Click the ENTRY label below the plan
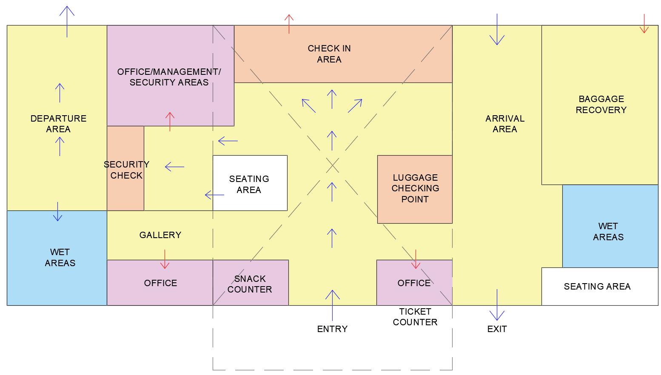click(x=332, y=329)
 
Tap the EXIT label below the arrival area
click(x=497, y=329)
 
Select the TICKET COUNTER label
click(x=415, y=317)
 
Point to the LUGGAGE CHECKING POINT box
click(x=415, y=189)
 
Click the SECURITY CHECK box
click(x=125, y=169)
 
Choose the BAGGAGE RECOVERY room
click(x=601, y=105)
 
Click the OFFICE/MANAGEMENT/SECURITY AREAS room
click(x=169, y=77)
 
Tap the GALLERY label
click(x=160, y=235)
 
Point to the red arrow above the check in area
click(x=289, y=24)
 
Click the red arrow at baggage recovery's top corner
click(x=644, y=24)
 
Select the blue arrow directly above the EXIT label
click(x=496, y=305)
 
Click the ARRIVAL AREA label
click(x=504, y=124)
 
